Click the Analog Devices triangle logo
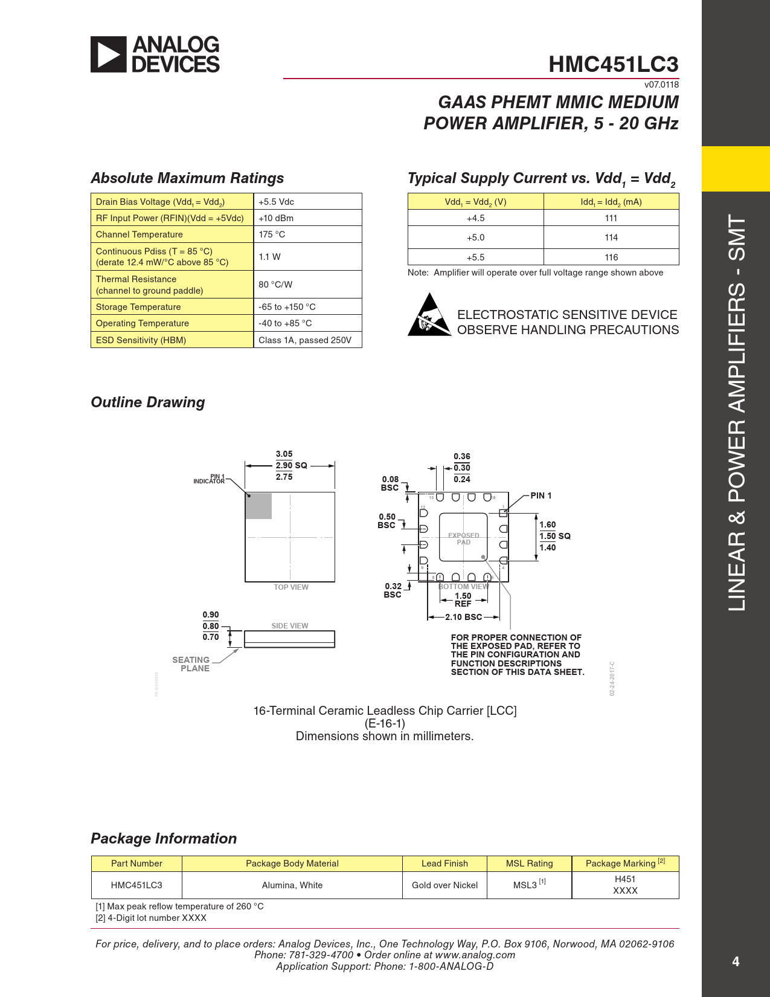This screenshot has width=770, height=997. [109, 54]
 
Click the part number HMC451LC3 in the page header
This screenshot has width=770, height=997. [613, 64]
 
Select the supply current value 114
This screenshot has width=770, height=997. [611, 237]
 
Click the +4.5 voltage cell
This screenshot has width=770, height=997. [475, 218]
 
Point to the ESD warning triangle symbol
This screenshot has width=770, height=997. [429, 315]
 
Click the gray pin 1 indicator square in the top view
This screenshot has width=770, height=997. [258, 506]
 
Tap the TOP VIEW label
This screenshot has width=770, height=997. [291, 587]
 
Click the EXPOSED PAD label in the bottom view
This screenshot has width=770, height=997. [463, 538]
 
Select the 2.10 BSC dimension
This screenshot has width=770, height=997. [463, 617]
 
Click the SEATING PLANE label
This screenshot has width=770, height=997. [191, 664]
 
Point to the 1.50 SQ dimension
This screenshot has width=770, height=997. [554, 536]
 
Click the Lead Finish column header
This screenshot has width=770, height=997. [444, 863]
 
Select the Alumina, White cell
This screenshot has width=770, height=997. [292, 885]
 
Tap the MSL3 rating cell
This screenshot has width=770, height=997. [529, 885]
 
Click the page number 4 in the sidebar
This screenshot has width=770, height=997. [736, 961]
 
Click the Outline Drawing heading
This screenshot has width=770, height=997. [148, 402]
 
